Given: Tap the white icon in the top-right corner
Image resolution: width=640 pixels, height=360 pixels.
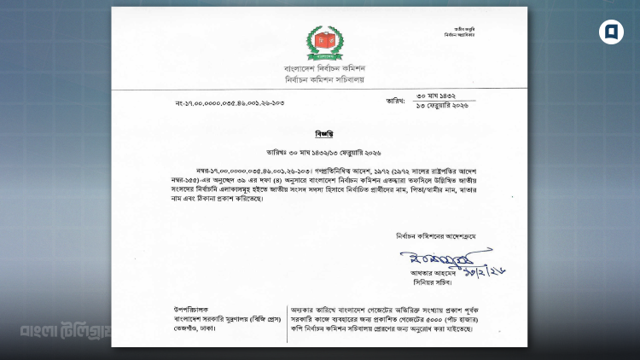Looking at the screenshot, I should coord(611,32).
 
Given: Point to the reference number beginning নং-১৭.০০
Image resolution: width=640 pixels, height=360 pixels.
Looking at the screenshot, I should coord(230,103).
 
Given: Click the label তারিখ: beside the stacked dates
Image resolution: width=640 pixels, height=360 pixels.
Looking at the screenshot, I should coord(395,100).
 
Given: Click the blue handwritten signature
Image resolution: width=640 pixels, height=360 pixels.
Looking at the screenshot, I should coord(436,256).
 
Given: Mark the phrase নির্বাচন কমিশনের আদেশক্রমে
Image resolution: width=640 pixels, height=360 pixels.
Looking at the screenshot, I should coord(444,234).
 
